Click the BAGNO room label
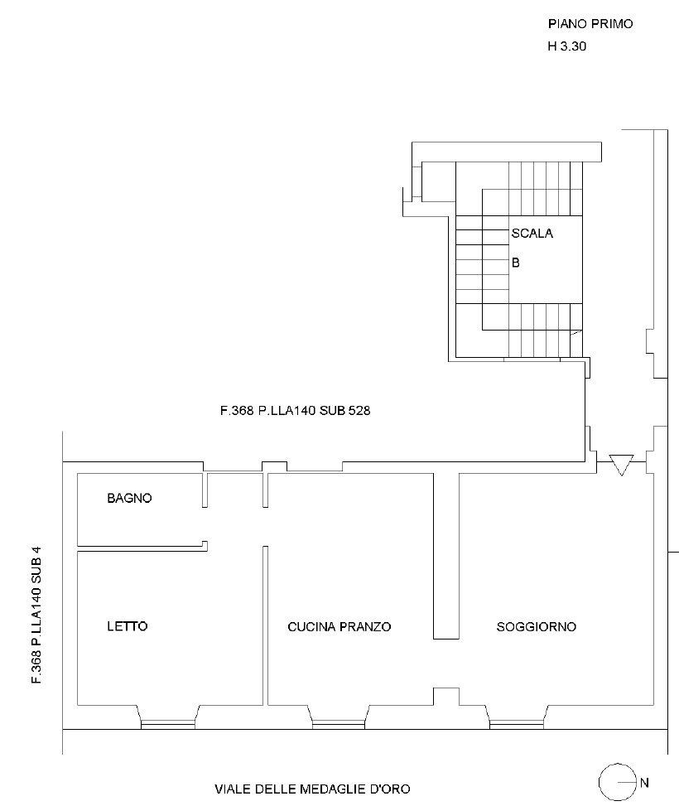click(x=129, y=498)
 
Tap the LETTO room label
click(x=128, y=626)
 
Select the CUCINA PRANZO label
click(x=339, y=626)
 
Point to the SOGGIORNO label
click(x=536, y=626)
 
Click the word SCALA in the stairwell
click(x=532, y=234)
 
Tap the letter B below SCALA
click(x=516, y=263)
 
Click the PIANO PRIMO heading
click(x=590, y=24)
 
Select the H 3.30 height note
click(x=567, y=46)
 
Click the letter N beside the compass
click(x=644, y=782)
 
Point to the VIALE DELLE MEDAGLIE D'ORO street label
click(x=312, y=789)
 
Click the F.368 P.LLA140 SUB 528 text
click(x=295, y=411)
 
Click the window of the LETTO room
click(x=168, y=724)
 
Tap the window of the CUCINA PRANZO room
click(x=339, y=724)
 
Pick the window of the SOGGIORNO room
click(x=517, y=724)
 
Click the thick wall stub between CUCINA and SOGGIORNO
click(x=446, y=556)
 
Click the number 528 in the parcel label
click(x=359, y=411)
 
